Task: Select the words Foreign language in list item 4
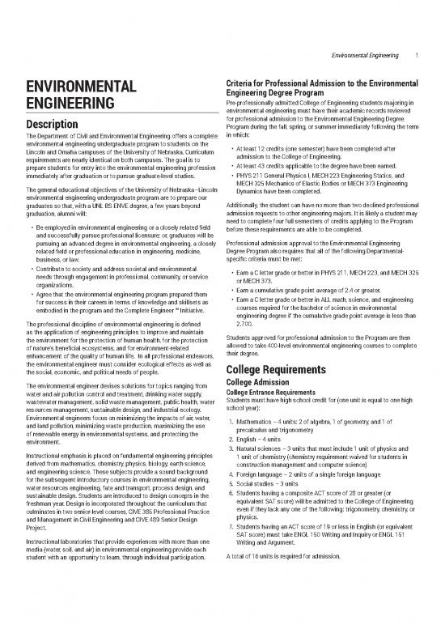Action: click(262, 521)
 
